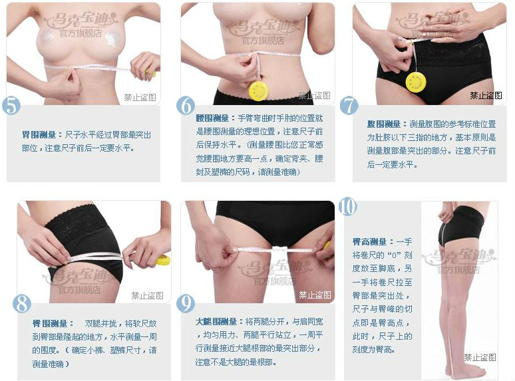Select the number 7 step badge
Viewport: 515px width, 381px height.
(x=349, y=106)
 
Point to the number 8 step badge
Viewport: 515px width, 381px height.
(x=22, y=304)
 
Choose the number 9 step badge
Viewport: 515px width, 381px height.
(x=186, y=304)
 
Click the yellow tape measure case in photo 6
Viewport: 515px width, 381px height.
(x=258, y=90)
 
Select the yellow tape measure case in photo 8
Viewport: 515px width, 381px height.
(x=163, y=259)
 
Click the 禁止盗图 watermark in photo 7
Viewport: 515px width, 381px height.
(x=486, y=96)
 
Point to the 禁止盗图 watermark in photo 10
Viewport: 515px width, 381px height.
(x=480, y=358)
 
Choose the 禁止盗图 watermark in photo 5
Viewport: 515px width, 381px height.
(x=140, y=97)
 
